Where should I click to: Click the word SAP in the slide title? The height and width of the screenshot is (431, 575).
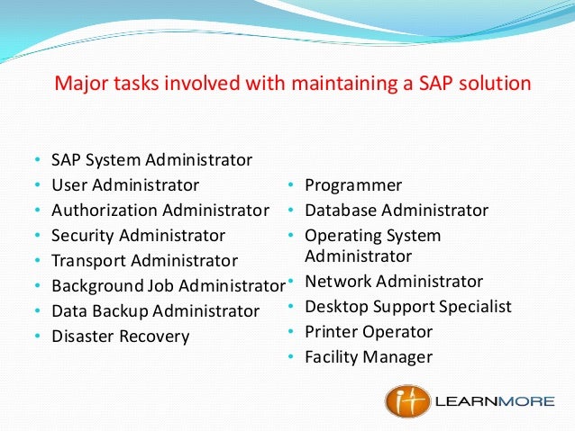442,85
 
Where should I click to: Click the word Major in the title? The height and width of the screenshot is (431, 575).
78,85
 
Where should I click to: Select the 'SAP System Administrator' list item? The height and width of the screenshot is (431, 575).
151,160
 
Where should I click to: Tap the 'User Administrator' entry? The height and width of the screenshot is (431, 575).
125,185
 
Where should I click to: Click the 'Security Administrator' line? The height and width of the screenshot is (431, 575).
138,236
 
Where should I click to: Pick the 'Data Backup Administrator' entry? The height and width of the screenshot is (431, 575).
155,311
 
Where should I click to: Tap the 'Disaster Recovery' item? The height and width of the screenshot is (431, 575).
120,337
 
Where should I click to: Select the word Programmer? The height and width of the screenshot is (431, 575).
353,185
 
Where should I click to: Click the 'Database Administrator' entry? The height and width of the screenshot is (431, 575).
397,211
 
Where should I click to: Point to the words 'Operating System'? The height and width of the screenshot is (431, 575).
373,236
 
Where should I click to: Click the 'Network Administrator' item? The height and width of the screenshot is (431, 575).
394,282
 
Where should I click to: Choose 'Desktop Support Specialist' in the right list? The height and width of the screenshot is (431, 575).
408,307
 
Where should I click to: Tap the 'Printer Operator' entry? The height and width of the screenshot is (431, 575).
369,332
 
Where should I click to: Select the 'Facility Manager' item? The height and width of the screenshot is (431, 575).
369,357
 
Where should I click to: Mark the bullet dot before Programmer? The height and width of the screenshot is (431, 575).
292,186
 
